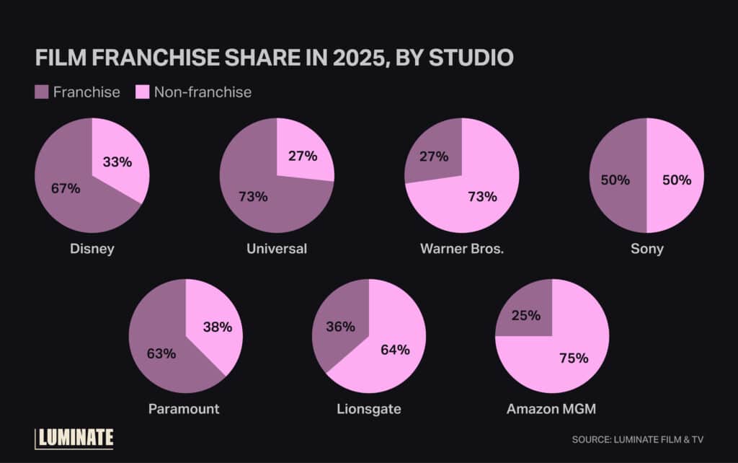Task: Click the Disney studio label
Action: [92, 249]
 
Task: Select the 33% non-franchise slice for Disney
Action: [117, 162]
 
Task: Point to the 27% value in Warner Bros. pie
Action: [433, 156]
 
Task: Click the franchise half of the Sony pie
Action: [615, 180]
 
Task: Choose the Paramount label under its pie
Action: [184, 409]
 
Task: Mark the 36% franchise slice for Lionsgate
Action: [340, 327]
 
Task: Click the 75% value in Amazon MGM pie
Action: [573, 358]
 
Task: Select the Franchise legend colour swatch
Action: [42, 92]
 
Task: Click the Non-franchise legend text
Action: [203, 92]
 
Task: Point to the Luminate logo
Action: [74, 438]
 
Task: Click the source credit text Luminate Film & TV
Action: [637, 439]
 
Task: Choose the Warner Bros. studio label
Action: [462, 249]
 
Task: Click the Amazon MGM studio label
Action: [551, 409]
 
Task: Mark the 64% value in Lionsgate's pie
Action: [395, 350]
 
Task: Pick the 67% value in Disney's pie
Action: [66, 189]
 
